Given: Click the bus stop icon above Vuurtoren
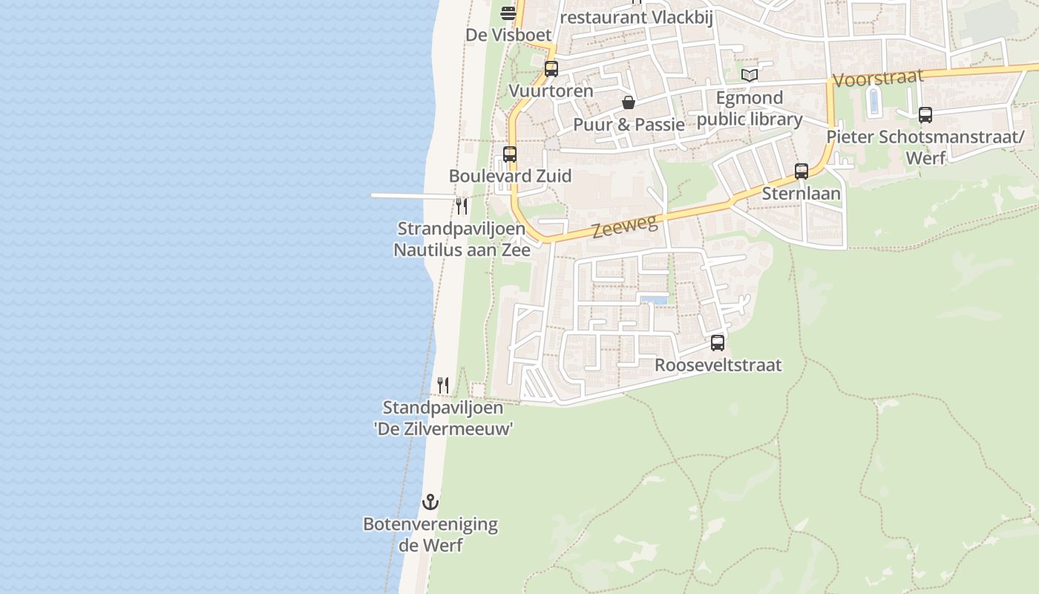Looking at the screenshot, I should point(551,69).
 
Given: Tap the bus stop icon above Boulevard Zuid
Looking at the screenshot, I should point(510,154).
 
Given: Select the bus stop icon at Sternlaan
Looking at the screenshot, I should point(802,172).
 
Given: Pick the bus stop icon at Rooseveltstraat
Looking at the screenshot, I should point(718,343).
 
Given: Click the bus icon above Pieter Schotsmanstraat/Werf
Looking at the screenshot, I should point(925,115).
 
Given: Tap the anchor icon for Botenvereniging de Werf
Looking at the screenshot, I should point(430,502).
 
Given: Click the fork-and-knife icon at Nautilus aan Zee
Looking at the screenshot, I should point(462,206).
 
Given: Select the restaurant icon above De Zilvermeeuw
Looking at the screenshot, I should point(443,385).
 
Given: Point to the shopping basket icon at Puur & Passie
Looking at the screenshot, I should point(629,102).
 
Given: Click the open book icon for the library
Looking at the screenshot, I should point(750,75).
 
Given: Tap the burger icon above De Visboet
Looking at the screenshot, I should point(508,13).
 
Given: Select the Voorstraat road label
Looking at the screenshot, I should point(878,78).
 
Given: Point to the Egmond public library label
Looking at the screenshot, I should point(750,108).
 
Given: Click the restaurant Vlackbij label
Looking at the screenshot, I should point(637,17).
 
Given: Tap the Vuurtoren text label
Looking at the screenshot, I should point(551,91).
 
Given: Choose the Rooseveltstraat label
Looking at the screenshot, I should point(718,365).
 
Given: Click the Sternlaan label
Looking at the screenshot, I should point(802,194).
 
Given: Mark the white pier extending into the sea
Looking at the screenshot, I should point(412,196).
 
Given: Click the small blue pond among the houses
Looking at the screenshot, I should point(653,300).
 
